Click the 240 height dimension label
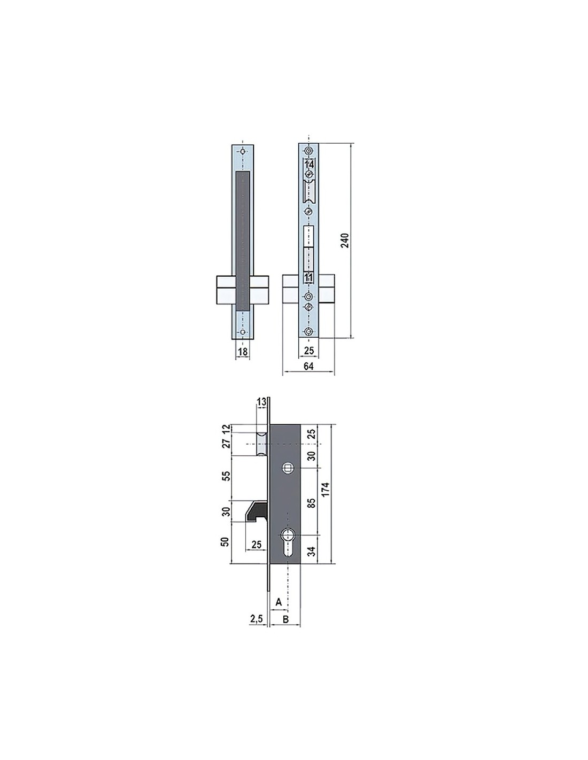click(x=345, y=240)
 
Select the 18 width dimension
click(x=243, y=352)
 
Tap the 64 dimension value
click(x=308, y=366)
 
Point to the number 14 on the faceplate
click(x=309, y=164)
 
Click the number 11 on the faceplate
click(x=308, y=277)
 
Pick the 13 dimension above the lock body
click(x=262, y=402)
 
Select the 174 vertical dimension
click(x=326, y=489)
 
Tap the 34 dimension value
click(x=312, y=551)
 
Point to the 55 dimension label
click(x=227, y=476)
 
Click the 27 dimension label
click(x=227, y=442)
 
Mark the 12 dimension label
click(x=227, y=429)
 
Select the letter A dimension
click(x=278, y=602)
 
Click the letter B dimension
click(x=286, y=619)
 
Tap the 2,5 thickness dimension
click(x=257, y=618)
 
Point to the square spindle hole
click(x=288, y=469)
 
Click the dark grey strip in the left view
click(x=243, y=241)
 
